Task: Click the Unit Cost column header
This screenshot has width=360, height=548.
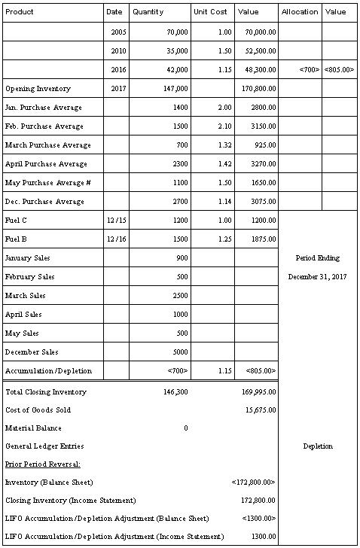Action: click(210, 12)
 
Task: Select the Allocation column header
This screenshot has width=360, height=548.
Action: click(300, 12)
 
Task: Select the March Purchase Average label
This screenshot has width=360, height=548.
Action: click(47, 145)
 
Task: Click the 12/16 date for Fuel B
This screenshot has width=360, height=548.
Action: click(116, 239)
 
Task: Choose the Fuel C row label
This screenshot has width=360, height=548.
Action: click(16, 221)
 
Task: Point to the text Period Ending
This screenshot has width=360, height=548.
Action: click(317, 258)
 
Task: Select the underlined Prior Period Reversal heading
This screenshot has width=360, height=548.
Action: click(43, 464)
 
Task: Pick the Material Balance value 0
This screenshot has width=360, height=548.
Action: click(185, 428)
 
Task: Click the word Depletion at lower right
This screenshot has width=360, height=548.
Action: click(318, 446)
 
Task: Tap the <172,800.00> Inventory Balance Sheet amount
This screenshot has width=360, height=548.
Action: click(255, 482)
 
